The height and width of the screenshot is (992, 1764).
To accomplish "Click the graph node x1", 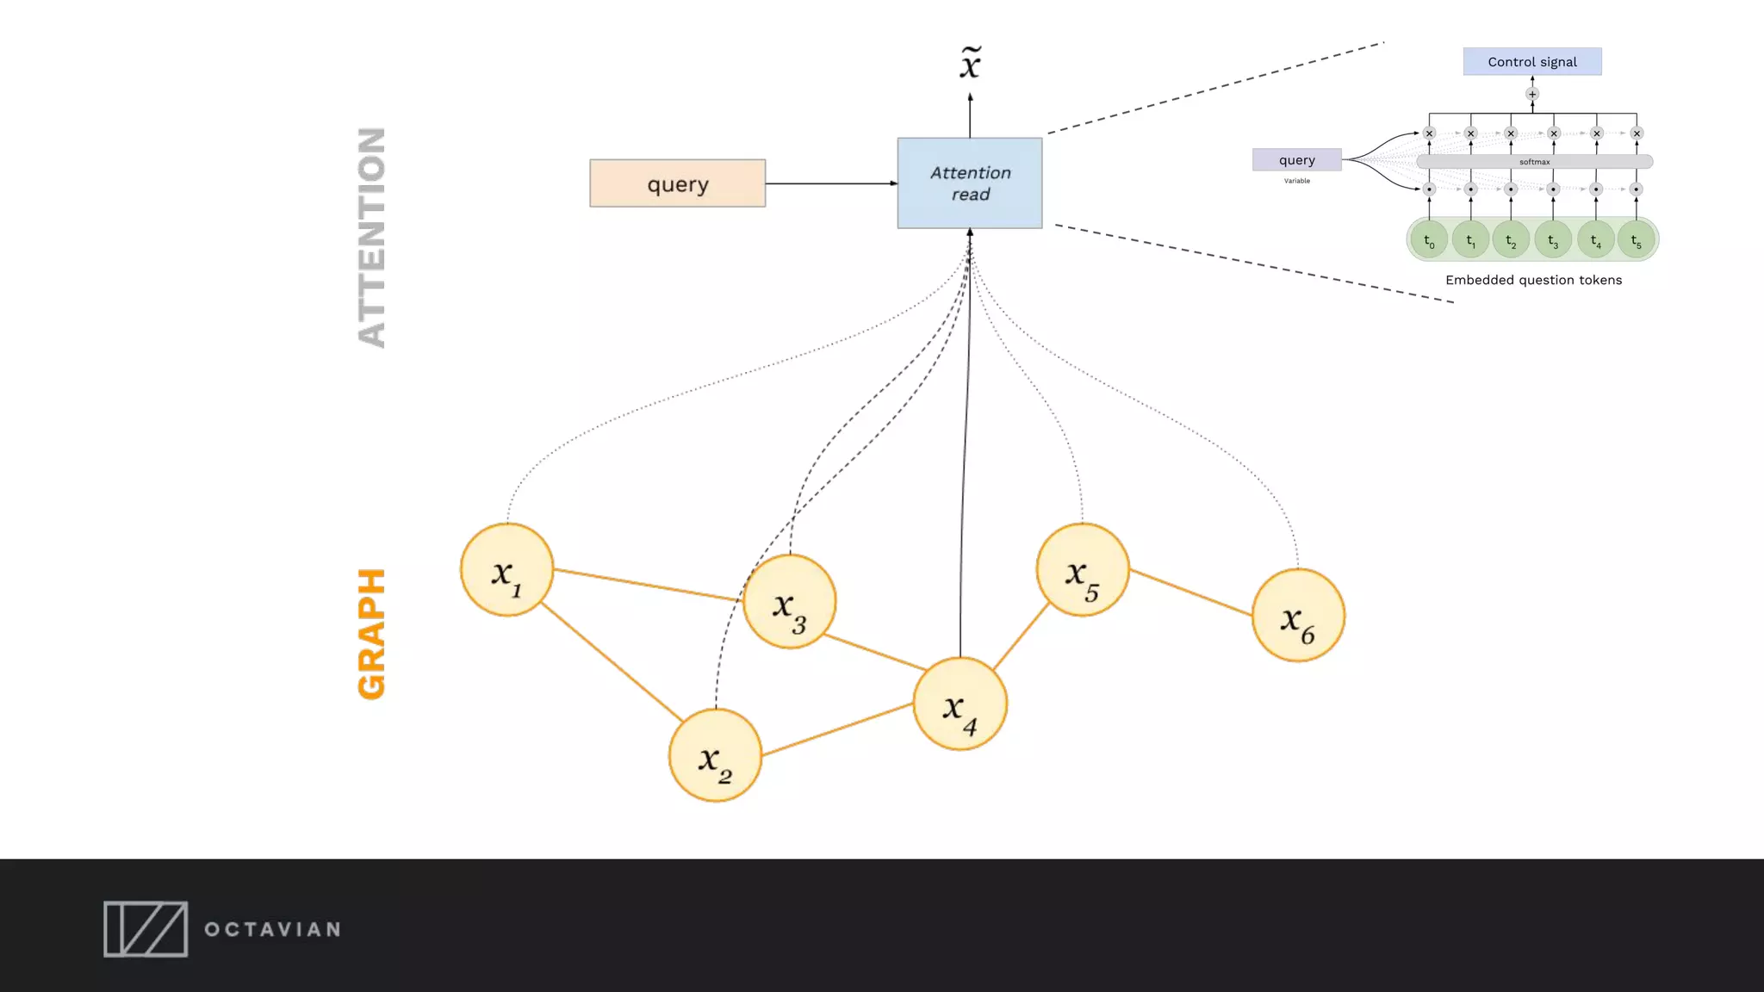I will tap(506, 570).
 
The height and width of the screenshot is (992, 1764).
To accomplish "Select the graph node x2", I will tap(715, 755).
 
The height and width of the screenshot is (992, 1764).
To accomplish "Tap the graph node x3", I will tap(789, 601).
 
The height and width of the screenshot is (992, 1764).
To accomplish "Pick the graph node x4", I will tap(960, 704).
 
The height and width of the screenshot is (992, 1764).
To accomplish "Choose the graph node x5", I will tap(1082, 570).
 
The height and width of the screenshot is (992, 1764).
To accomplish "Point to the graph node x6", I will tap(1297, 615).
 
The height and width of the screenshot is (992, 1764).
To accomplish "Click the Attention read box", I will tap(970, 183).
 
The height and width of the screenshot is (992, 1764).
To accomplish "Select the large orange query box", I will tap(678, 183).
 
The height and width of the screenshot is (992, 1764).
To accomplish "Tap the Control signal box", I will tap(1532, 62).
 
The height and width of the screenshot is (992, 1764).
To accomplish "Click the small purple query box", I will tap(1296, 160).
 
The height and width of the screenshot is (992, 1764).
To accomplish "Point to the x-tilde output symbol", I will tap(971, 64).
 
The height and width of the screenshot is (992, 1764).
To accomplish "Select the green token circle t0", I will tap(1429, 239).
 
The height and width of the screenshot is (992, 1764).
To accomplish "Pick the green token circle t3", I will tap(1553, 239).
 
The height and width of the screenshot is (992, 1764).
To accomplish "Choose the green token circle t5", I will tap(1636, 239).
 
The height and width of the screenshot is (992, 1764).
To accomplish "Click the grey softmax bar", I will tap(1534, 162).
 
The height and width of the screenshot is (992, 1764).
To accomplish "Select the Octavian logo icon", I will tap(146, 929).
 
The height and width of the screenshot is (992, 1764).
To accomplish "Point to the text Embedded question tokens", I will tap(1533, 280).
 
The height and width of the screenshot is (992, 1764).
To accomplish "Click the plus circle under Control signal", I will tap(1532, 94).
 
